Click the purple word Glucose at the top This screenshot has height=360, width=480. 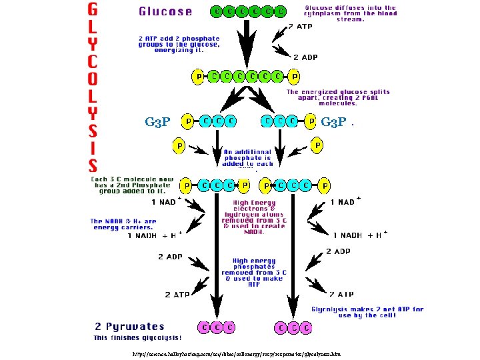(165, 11)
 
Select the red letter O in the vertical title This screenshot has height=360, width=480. (94, 78)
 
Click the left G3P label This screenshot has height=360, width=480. (157, 122)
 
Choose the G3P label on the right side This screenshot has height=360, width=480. (333, 122)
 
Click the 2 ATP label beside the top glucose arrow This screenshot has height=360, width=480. (299, 27)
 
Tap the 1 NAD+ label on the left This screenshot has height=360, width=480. (165, 202)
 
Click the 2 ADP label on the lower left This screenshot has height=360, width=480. (171, 256)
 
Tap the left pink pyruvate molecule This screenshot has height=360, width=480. (216, 327)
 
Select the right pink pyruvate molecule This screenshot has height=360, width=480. (293, 327)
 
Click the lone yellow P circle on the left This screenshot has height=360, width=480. (179, 145)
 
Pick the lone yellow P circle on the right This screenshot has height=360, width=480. (318, 145)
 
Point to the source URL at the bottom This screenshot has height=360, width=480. (237, 354)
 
